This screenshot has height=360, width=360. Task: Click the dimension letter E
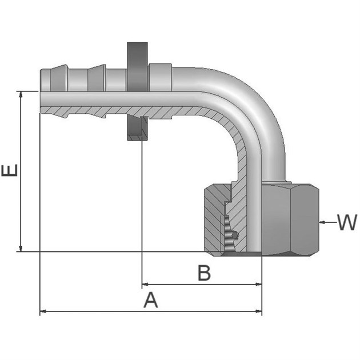point(11,170)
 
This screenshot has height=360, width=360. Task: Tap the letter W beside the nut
point(346,222)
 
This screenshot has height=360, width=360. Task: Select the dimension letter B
point(204,273)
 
